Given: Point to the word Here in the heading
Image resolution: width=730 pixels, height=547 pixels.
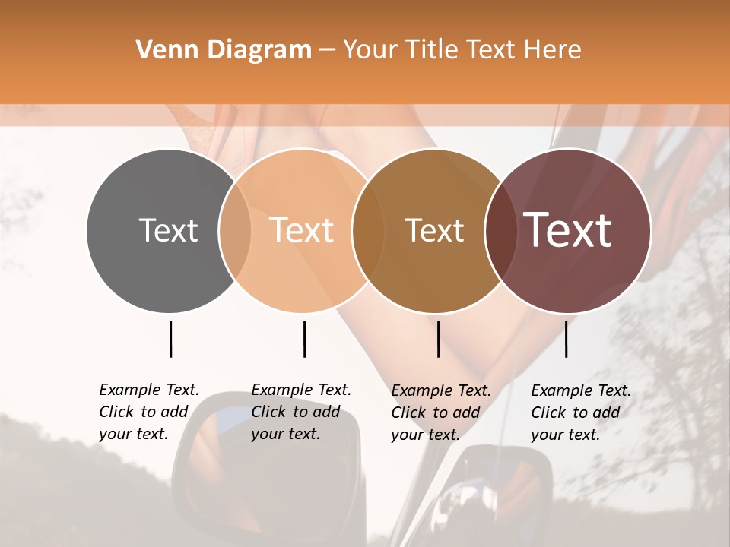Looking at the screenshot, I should pos(554,50).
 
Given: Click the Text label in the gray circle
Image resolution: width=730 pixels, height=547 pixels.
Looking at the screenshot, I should pos(168,230).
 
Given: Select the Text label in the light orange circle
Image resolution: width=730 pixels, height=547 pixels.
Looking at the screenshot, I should pos(301,230).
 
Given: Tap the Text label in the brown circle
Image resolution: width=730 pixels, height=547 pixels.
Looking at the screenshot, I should pos(434,230).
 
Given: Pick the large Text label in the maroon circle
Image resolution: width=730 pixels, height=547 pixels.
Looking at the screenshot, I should pos(567,229).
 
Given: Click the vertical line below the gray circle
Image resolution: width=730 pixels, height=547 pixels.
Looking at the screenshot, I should pos(170,339).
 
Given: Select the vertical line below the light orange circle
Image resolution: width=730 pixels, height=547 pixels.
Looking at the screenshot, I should pos(304,339).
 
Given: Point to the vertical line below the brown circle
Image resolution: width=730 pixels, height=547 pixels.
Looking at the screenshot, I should pos(438,339).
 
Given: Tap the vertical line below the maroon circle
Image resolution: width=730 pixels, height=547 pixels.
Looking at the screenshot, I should pos(566,339).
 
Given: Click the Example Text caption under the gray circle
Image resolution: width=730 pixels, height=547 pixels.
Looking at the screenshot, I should pos(148,412).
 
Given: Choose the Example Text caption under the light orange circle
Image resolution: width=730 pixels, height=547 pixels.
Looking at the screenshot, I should pos(300,412).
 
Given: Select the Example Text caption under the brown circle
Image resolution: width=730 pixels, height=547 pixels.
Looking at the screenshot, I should pos(440,413).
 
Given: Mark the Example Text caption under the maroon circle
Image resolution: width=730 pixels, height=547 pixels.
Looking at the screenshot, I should pos(580,413).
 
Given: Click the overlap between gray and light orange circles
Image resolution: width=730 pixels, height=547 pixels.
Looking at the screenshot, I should pos(235,230).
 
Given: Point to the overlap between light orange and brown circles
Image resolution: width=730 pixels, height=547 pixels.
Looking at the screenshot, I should pos(368,230).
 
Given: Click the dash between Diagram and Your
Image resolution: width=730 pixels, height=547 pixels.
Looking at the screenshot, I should pos(327,50).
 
